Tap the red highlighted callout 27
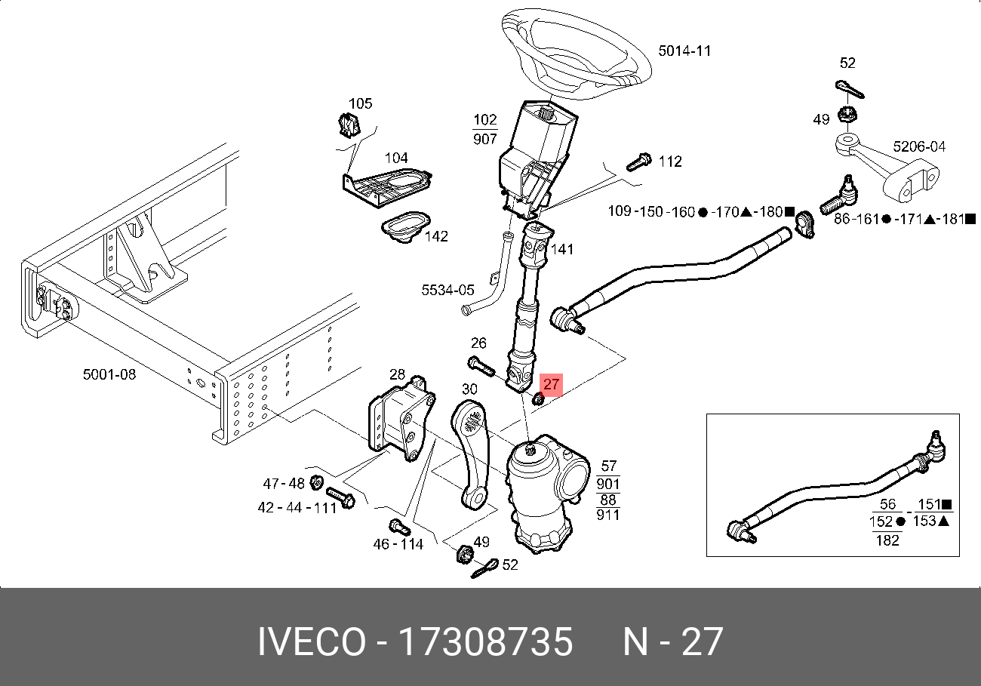tap(552, 384)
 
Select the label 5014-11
tap(684, 51)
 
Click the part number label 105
tap(360, 103)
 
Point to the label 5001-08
tap(109, 374)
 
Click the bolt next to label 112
tap(638, 162)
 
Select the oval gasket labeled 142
tap(406, 226)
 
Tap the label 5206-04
tap(919, 146)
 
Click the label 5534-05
tap(447, 290)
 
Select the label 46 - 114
tap(398, 544)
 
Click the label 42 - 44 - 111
tap(297, 508)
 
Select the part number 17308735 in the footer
tap(484, 642)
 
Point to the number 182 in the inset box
tap(888, 539)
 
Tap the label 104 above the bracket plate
tap(396, 158)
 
